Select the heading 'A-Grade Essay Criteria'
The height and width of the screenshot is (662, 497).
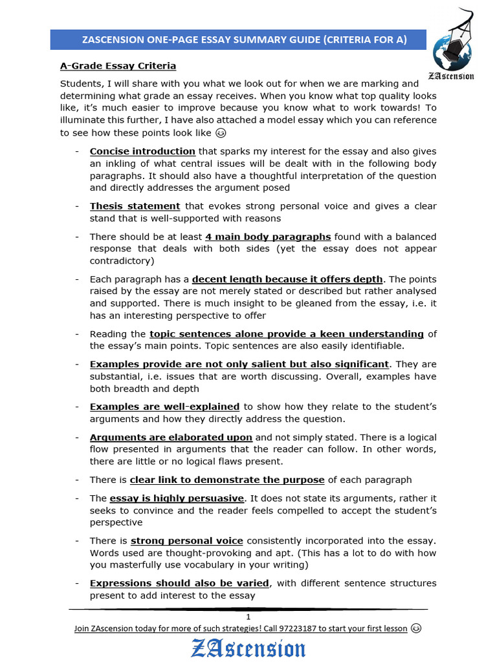[x=118, y=66]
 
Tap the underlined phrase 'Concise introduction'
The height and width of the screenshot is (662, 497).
[x=133, y=151]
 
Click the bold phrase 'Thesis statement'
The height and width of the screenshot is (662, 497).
[x=135, y=206]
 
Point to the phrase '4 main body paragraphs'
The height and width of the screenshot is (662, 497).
[x=268, y=237]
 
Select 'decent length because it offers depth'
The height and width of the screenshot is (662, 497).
[x=288, y=279]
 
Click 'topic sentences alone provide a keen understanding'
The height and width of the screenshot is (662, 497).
[x=286, y=334]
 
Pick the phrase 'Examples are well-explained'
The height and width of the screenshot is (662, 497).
[x=164, y=407]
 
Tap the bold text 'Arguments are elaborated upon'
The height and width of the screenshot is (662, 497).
[x=171, y=437]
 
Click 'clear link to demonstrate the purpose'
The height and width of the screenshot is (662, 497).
[x=227, y=480]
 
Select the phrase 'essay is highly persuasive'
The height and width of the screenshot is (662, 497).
[x=177, y=498]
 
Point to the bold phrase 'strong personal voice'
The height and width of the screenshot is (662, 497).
[x=187, y=540]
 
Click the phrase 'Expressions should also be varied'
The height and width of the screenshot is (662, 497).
[x=179, y=583]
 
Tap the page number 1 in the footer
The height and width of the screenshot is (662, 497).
[x=248, y=617]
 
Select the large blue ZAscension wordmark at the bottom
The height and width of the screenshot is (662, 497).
[x=248, y=648]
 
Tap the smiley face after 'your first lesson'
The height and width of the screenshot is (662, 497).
[x=416, y=628]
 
